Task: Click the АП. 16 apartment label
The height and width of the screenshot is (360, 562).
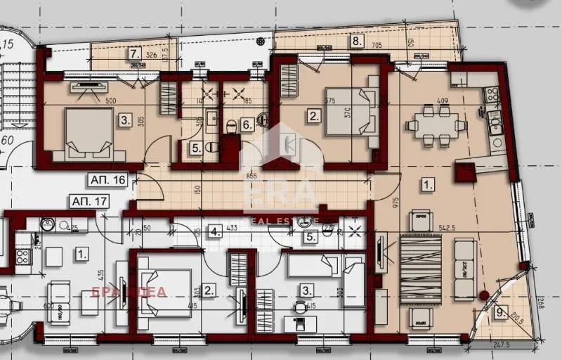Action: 107,180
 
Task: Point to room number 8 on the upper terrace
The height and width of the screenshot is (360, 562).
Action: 357,41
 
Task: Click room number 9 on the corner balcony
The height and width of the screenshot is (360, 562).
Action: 499,313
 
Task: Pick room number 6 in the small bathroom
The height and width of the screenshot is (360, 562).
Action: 247,125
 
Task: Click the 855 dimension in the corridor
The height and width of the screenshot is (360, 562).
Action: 251,175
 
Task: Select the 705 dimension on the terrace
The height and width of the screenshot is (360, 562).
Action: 377,46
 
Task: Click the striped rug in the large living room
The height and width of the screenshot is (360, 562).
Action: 421,269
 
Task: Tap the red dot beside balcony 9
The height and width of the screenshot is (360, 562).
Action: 483,295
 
